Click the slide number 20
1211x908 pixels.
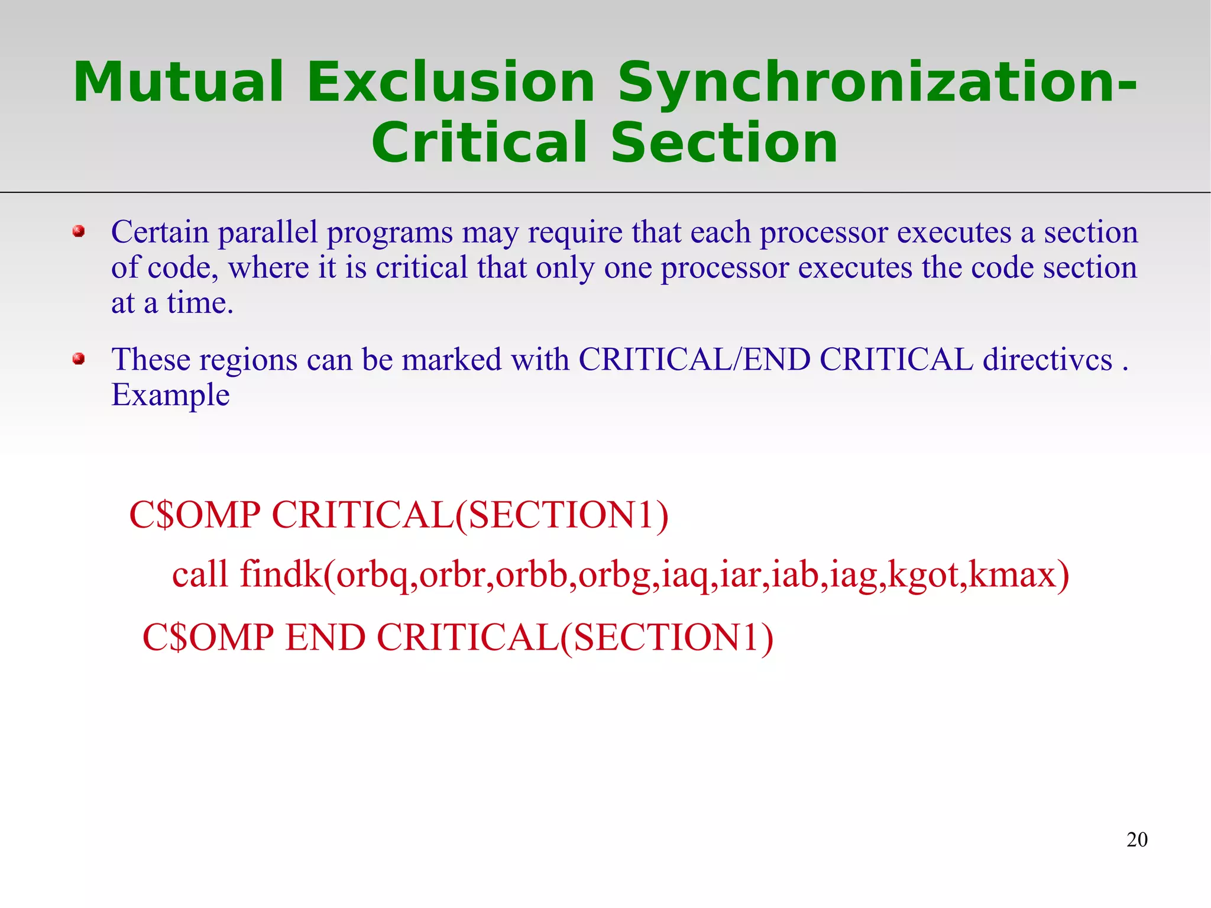[x=1136, y=839]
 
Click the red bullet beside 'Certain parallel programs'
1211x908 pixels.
[x=79, y=231]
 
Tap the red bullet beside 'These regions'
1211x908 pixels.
[x=79, y=359]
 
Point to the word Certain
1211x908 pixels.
[x=160, y=232]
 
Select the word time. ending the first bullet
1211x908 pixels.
[x=200, y=303]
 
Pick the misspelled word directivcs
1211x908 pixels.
[x=1047, y=359]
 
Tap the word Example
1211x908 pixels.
[x=170, y=395]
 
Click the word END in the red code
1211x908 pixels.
[x=325, y=637]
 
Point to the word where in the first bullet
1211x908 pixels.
[x=268, y=267]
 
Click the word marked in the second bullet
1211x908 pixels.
[x=452, y=359]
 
